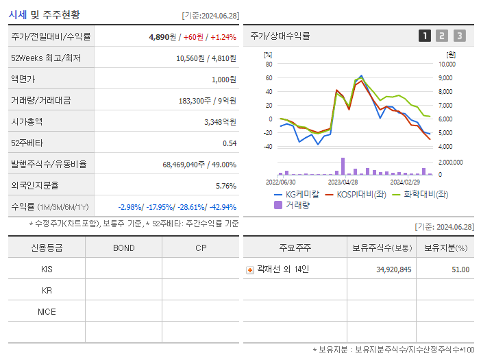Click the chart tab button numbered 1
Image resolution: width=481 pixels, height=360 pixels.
[x=425, y=36]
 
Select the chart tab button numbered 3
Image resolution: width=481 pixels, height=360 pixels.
[x=459, y=36]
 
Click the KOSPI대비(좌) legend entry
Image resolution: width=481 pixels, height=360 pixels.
[x=354, y=195]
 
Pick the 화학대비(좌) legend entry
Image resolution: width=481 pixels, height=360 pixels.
[x=419, y=195]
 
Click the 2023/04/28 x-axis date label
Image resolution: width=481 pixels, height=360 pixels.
[x=343, y=182]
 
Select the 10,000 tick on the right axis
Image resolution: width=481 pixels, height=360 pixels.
[x=447, y=64]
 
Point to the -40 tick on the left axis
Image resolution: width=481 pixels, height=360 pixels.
[x=268, y=147]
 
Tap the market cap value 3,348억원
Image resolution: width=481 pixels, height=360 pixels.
[x=220, y=122]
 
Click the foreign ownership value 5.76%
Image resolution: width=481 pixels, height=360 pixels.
[x=225, y=186]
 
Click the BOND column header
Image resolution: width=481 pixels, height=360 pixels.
[x=123, y=248]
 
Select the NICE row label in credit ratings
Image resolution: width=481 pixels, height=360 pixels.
[x=47, y=312]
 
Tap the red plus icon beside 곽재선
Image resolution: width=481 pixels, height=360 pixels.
[x=250, y=270]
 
